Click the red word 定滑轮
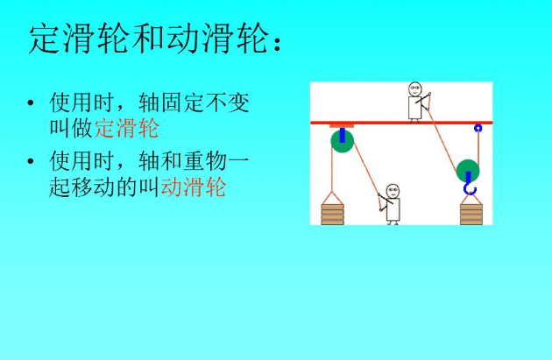[x=127, y=128]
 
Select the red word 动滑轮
[x=194, y=187]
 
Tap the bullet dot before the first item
[x=31, y=102]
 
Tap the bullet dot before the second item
[x=31, y=161]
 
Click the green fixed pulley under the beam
[x=343, y=141]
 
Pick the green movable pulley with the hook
[x=468, y=171]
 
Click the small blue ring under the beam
[x=478, y=128]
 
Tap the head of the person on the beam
[x=415, y=89]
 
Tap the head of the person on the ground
[x=393, y=192]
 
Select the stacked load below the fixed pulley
[x=332, y=214]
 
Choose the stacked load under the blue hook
[x=471, y=214]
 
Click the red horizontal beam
[x=401, y=123]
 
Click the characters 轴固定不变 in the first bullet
[x=194, y=102]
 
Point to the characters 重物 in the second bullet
[x=204, y=161]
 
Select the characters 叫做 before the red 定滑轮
[x=72, y=128]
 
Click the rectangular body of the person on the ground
[x=393, y=209]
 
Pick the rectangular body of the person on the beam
[x=415, y=108]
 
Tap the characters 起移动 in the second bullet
[x=82, y=187]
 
